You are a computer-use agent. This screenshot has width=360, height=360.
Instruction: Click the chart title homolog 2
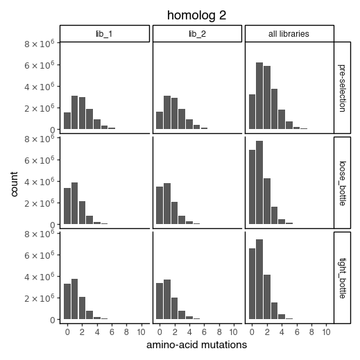(x=196, y=15)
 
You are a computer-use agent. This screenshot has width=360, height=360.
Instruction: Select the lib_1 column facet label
(x=104, y=33)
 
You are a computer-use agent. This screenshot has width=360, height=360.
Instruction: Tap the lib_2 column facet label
(x=197, y=33)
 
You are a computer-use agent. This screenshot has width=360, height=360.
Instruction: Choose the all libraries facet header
(x=289, y=33)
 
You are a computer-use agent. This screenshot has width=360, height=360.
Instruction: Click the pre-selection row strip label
(x=343, y=87)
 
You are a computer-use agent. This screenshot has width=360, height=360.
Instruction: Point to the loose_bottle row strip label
(x=343, y=182)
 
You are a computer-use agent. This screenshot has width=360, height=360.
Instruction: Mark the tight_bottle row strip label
(x=343, y=277)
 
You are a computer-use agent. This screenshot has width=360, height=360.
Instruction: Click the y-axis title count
(x=15, y=182)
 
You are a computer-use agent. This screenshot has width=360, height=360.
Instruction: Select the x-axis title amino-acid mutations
(x=196, y=344)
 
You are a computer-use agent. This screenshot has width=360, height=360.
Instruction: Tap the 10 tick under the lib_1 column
(x=142, y=332)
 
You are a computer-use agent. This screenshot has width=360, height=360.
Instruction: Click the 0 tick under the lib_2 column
(x=160, y=332)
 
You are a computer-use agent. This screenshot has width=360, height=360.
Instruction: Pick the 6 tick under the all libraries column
(x=297, y=332)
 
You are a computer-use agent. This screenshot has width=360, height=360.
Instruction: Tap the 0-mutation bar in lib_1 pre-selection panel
(x=67, y=121)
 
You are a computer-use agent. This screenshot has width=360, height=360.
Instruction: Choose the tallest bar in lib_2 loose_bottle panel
(x=167, y=204)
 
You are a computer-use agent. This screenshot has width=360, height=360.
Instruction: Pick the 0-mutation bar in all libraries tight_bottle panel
(x=252, y=284)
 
